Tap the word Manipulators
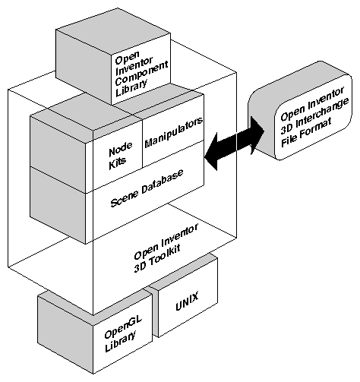(172, 133)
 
